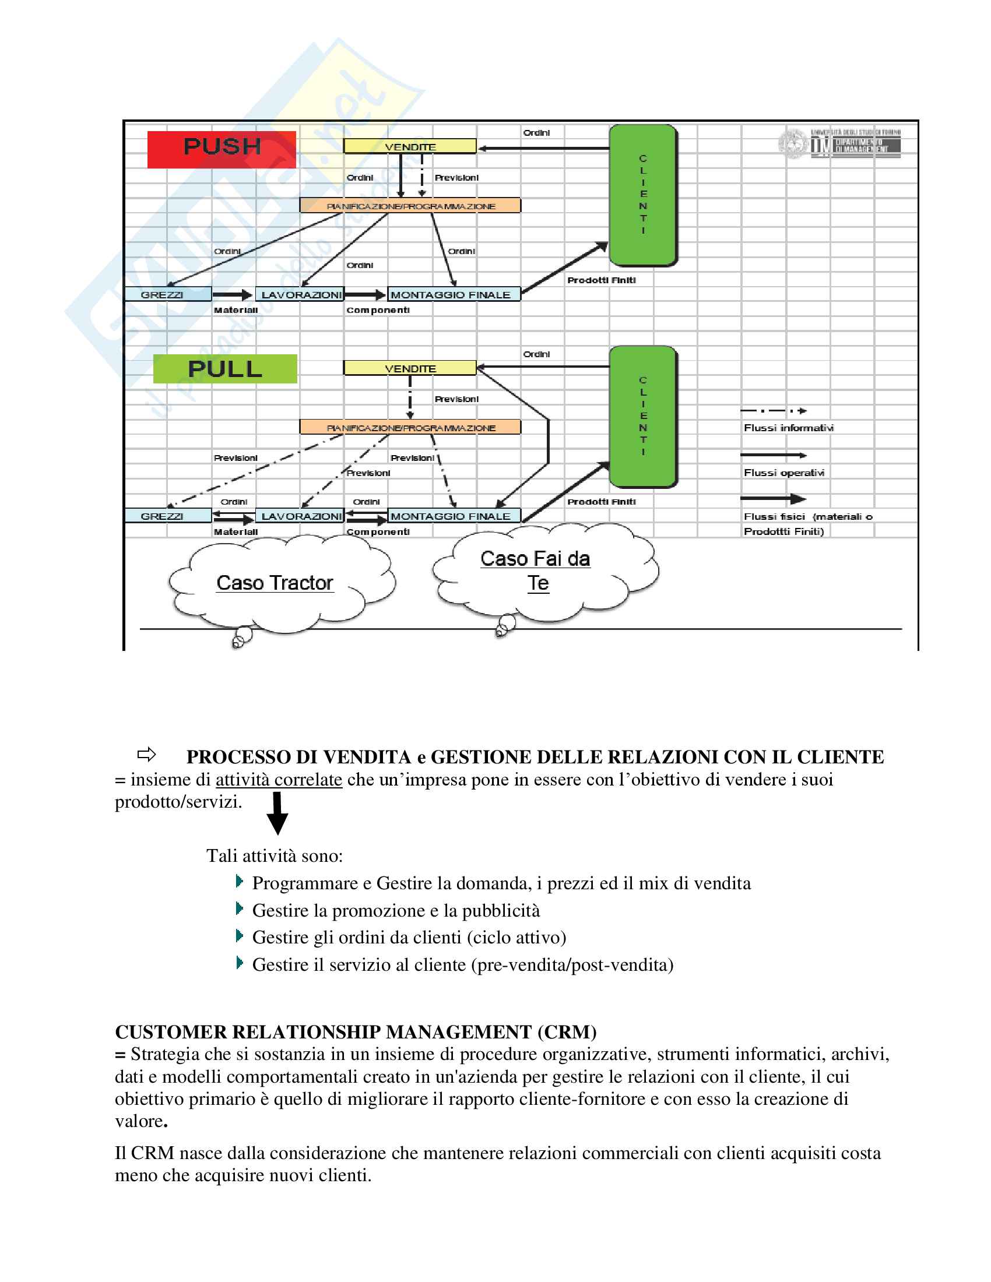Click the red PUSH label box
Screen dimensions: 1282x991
click(222, 149)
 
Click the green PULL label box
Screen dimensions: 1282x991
click(225, 369)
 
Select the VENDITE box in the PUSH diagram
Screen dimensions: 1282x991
click(410, 146)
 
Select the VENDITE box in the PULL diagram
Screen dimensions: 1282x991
click(410, 368)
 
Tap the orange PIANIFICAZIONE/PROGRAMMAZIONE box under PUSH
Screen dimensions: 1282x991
click(410, 206)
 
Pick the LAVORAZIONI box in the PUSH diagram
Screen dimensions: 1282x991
click(300, 295)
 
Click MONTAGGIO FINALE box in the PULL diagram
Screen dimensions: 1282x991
click(453, 516)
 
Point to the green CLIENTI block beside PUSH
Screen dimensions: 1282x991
click(643, 195)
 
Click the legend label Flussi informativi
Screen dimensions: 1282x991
click(788, 428)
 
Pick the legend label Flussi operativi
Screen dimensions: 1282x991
click(783, 473)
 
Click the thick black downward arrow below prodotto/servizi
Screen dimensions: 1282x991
click(277, 813)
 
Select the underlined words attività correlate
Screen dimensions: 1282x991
click(279, 780)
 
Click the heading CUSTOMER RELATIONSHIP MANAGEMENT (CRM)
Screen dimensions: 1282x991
click(356, 1032)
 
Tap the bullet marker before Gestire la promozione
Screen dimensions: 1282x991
click(239, 908)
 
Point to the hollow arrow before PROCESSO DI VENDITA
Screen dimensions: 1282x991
click(146, 753)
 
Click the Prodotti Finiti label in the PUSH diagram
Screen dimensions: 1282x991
click(601, 280)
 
